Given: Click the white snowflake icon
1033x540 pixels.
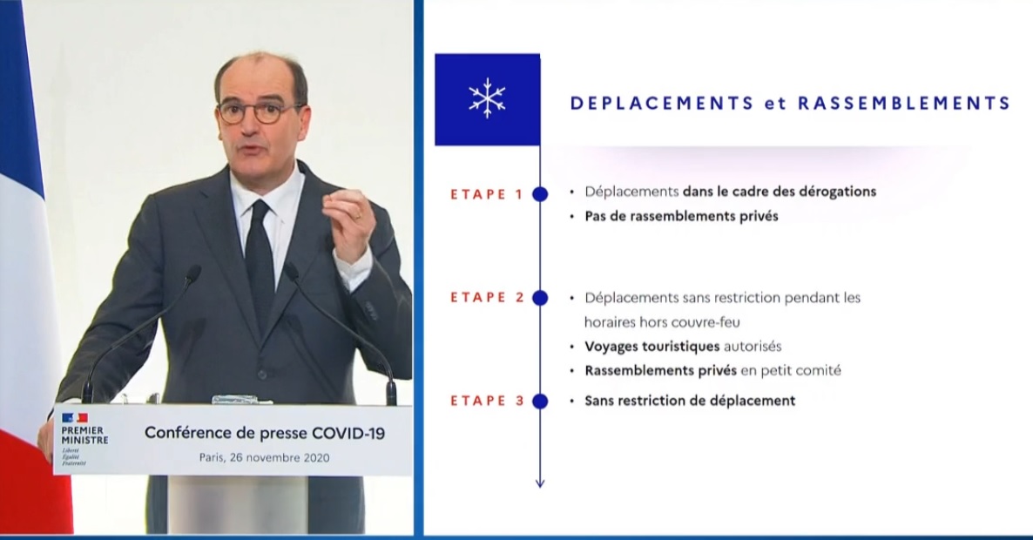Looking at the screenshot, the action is pos(487,98).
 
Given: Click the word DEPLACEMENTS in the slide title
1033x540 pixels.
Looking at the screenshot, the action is pos(661,104).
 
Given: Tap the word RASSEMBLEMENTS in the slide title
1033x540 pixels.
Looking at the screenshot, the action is pos(904,104).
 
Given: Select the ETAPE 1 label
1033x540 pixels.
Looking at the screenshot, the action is pos(486,194).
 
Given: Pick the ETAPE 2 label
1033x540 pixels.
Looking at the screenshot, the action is pos(487,298).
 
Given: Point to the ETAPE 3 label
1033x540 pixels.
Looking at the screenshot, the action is pos(487,401).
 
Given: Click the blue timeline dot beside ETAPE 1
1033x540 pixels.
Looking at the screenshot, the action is pos(540,194).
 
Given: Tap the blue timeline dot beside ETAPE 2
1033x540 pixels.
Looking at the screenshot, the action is pos(540,299).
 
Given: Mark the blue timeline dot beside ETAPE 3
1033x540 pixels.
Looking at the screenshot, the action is pos(540,401).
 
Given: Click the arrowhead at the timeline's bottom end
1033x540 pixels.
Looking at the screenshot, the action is pos(540,483).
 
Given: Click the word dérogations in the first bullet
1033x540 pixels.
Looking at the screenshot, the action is pos(837,192).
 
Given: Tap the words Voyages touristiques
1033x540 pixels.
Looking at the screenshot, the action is pos(652,347).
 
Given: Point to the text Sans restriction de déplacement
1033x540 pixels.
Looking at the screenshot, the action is pos(690,401).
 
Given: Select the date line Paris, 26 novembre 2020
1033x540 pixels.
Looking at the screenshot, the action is pos(264,457).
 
